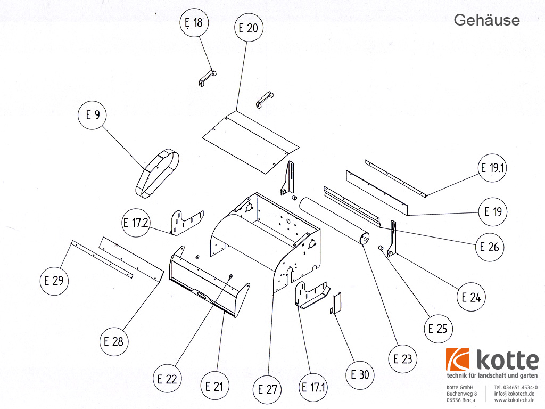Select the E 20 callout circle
(x=248, y=28)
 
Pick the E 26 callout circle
(x=490, y=247)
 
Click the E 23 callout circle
(x=403, y=359)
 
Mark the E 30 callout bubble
(x=360, y=374)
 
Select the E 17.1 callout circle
(x=313, y=387)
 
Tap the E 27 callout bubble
(x=268, y=389)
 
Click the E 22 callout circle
(x=167, y=379)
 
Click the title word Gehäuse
(x=486, y=20)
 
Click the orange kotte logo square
(x=458, y=360)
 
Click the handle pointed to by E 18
(x=207, y=79)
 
